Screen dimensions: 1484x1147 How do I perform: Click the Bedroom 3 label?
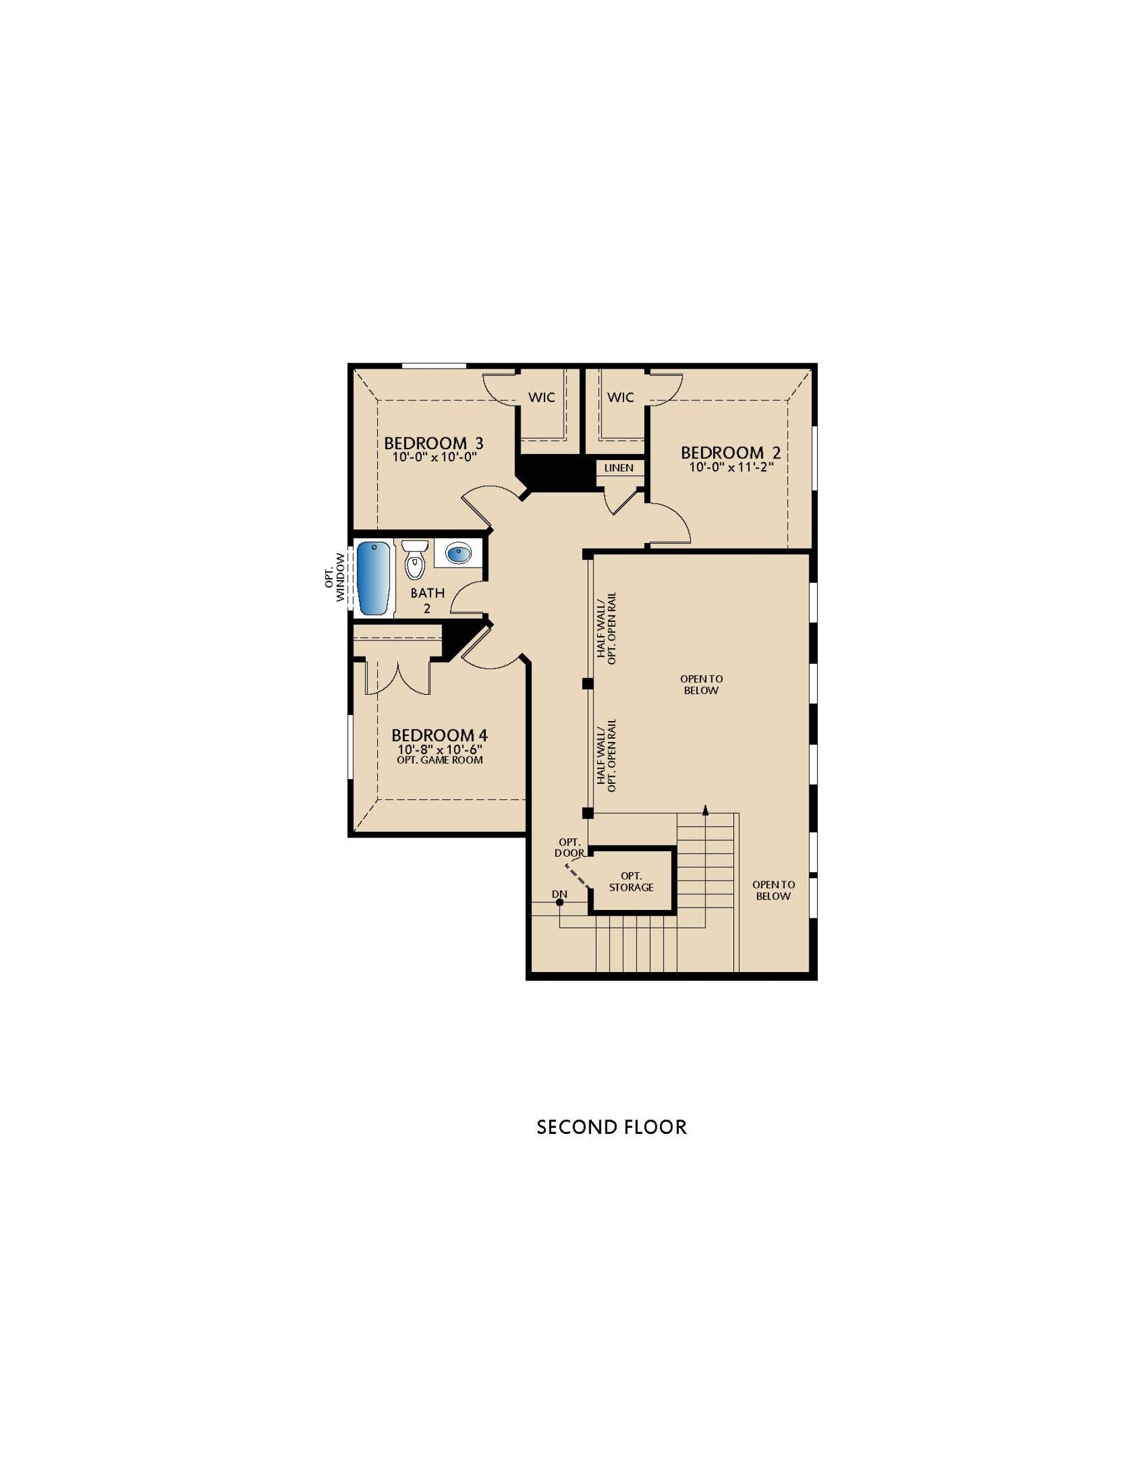click(x=433, y=443)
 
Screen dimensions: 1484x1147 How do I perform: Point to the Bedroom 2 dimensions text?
click(x=731, y=468)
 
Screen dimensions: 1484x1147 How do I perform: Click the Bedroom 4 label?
click(x=439, y=735)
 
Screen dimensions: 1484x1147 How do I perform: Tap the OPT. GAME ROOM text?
click(x=439, y=760)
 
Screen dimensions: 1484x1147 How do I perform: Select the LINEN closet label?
click(x=619, y=468)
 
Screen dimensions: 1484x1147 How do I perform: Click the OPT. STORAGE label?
click(x=631, y=881)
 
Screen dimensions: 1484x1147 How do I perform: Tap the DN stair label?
click(x=559, y=894)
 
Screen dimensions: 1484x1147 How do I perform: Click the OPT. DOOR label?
click(x=569, y=847)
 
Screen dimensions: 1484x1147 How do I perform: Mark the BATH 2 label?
click(x=427, y=600)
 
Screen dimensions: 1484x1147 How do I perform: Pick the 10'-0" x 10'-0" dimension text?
click(x=433, y=457)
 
